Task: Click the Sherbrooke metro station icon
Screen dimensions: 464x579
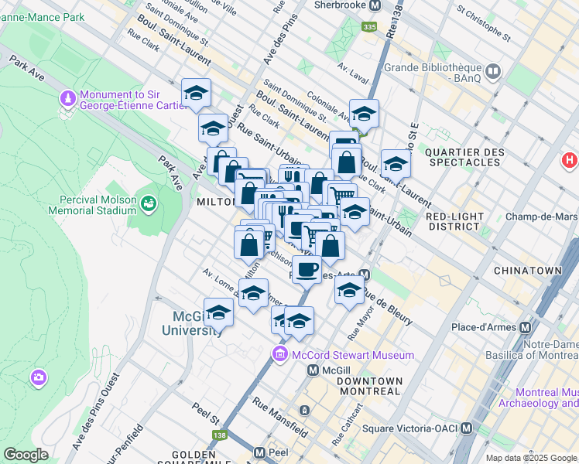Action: click(375, 5)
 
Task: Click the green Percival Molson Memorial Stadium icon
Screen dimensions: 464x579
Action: click(147, 203)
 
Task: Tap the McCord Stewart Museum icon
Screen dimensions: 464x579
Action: click(279, 355)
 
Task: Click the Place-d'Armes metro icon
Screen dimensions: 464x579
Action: click(526, 327)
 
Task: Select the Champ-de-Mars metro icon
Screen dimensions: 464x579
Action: click(574, 217)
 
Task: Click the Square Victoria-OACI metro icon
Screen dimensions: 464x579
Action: click(466, 428)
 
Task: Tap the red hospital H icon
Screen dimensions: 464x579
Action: click(570, 161)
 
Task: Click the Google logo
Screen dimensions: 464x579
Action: click(26, 455)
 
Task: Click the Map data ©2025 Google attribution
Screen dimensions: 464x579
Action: click(532, 458)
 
